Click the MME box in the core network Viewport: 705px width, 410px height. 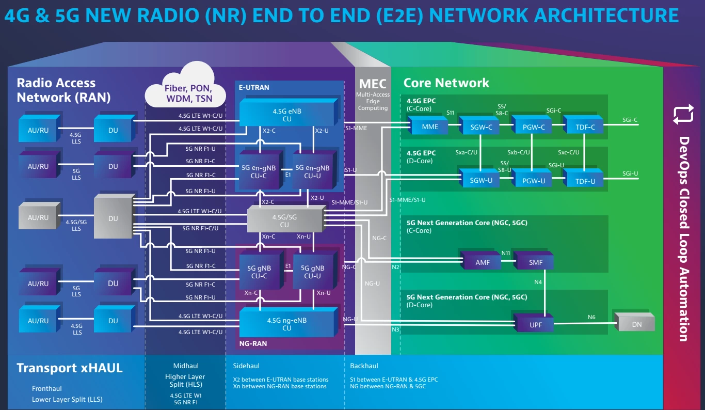430,127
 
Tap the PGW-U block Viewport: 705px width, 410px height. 533,181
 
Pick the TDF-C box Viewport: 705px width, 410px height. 584,127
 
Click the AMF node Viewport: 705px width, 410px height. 483,262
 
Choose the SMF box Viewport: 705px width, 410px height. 536,262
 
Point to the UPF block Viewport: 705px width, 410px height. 535,325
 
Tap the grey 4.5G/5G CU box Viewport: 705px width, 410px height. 284,220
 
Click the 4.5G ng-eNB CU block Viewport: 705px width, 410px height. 286,324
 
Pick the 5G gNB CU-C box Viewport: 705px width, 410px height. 259,272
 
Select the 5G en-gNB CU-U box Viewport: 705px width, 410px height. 312,171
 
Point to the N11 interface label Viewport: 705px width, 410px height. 506,254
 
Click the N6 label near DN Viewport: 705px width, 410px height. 591,317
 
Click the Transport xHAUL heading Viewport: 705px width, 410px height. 70,368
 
